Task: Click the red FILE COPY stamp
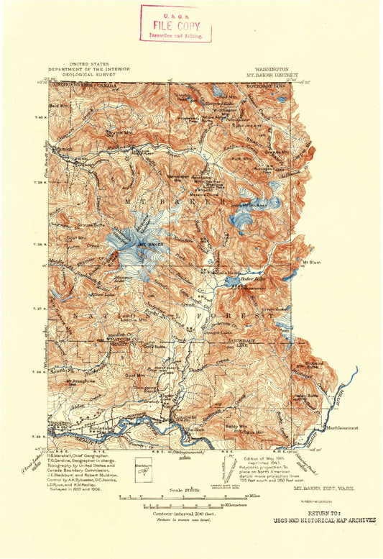pyautogui.click(x=176, y=23)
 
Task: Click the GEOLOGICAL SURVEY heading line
pyautogui.click(x=100, y=73)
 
